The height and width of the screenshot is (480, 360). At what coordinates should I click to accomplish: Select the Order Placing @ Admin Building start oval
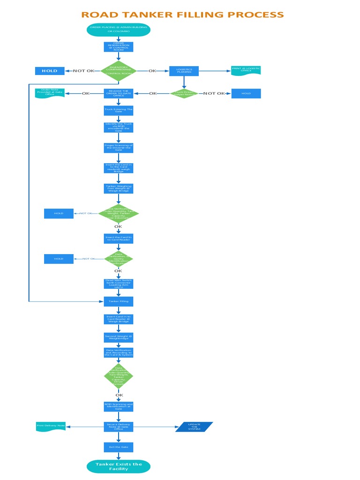pyautogui.click(x=119, y=30)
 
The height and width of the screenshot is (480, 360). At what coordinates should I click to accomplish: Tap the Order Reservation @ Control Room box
pyautogui.click(x=119, y=47)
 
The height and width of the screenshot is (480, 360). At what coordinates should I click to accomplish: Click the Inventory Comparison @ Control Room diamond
pyautogui.click(x=119, y=71)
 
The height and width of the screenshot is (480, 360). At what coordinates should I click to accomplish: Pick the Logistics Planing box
pyautogui.click(x=184, y=71)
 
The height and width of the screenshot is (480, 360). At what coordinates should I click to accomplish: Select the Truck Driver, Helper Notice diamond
pyautogui.click(x=184, y=93)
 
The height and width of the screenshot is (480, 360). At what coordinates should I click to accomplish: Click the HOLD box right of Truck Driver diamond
pyautogui.click(x=246, y=93)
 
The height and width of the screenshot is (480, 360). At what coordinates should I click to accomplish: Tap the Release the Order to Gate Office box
pyautogui.click(x=119, y=93)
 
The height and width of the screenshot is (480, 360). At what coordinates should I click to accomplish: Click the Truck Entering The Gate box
pyautogui.click(x=119, y=110)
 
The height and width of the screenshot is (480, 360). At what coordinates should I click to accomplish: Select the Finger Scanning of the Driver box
pyautogui.click(x=119, y=148)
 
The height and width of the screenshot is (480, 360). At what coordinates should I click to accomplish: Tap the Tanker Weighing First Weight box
pyautogui.click(x=119, y=188)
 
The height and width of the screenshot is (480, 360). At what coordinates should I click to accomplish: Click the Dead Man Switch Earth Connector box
pyautogui.click(x=119, y=284)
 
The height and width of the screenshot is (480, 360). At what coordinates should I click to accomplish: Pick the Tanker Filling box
pyautogui.click(x=119, y=301)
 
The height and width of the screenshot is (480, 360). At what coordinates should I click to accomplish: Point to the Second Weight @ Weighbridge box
pyautogui.click(x=119, y=337)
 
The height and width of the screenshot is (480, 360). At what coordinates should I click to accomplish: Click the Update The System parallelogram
pyautogui.click(x=194, y=427)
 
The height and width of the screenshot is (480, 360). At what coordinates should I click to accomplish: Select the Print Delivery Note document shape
pyautogui.click(x=51, y=427)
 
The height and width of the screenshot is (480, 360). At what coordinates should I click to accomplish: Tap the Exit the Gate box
pyautogui.click(x=119, y=447)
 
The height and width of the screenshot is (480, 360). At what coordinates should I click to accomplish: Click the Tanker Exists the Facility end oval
pyautogui.click(x=119, y=466)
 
